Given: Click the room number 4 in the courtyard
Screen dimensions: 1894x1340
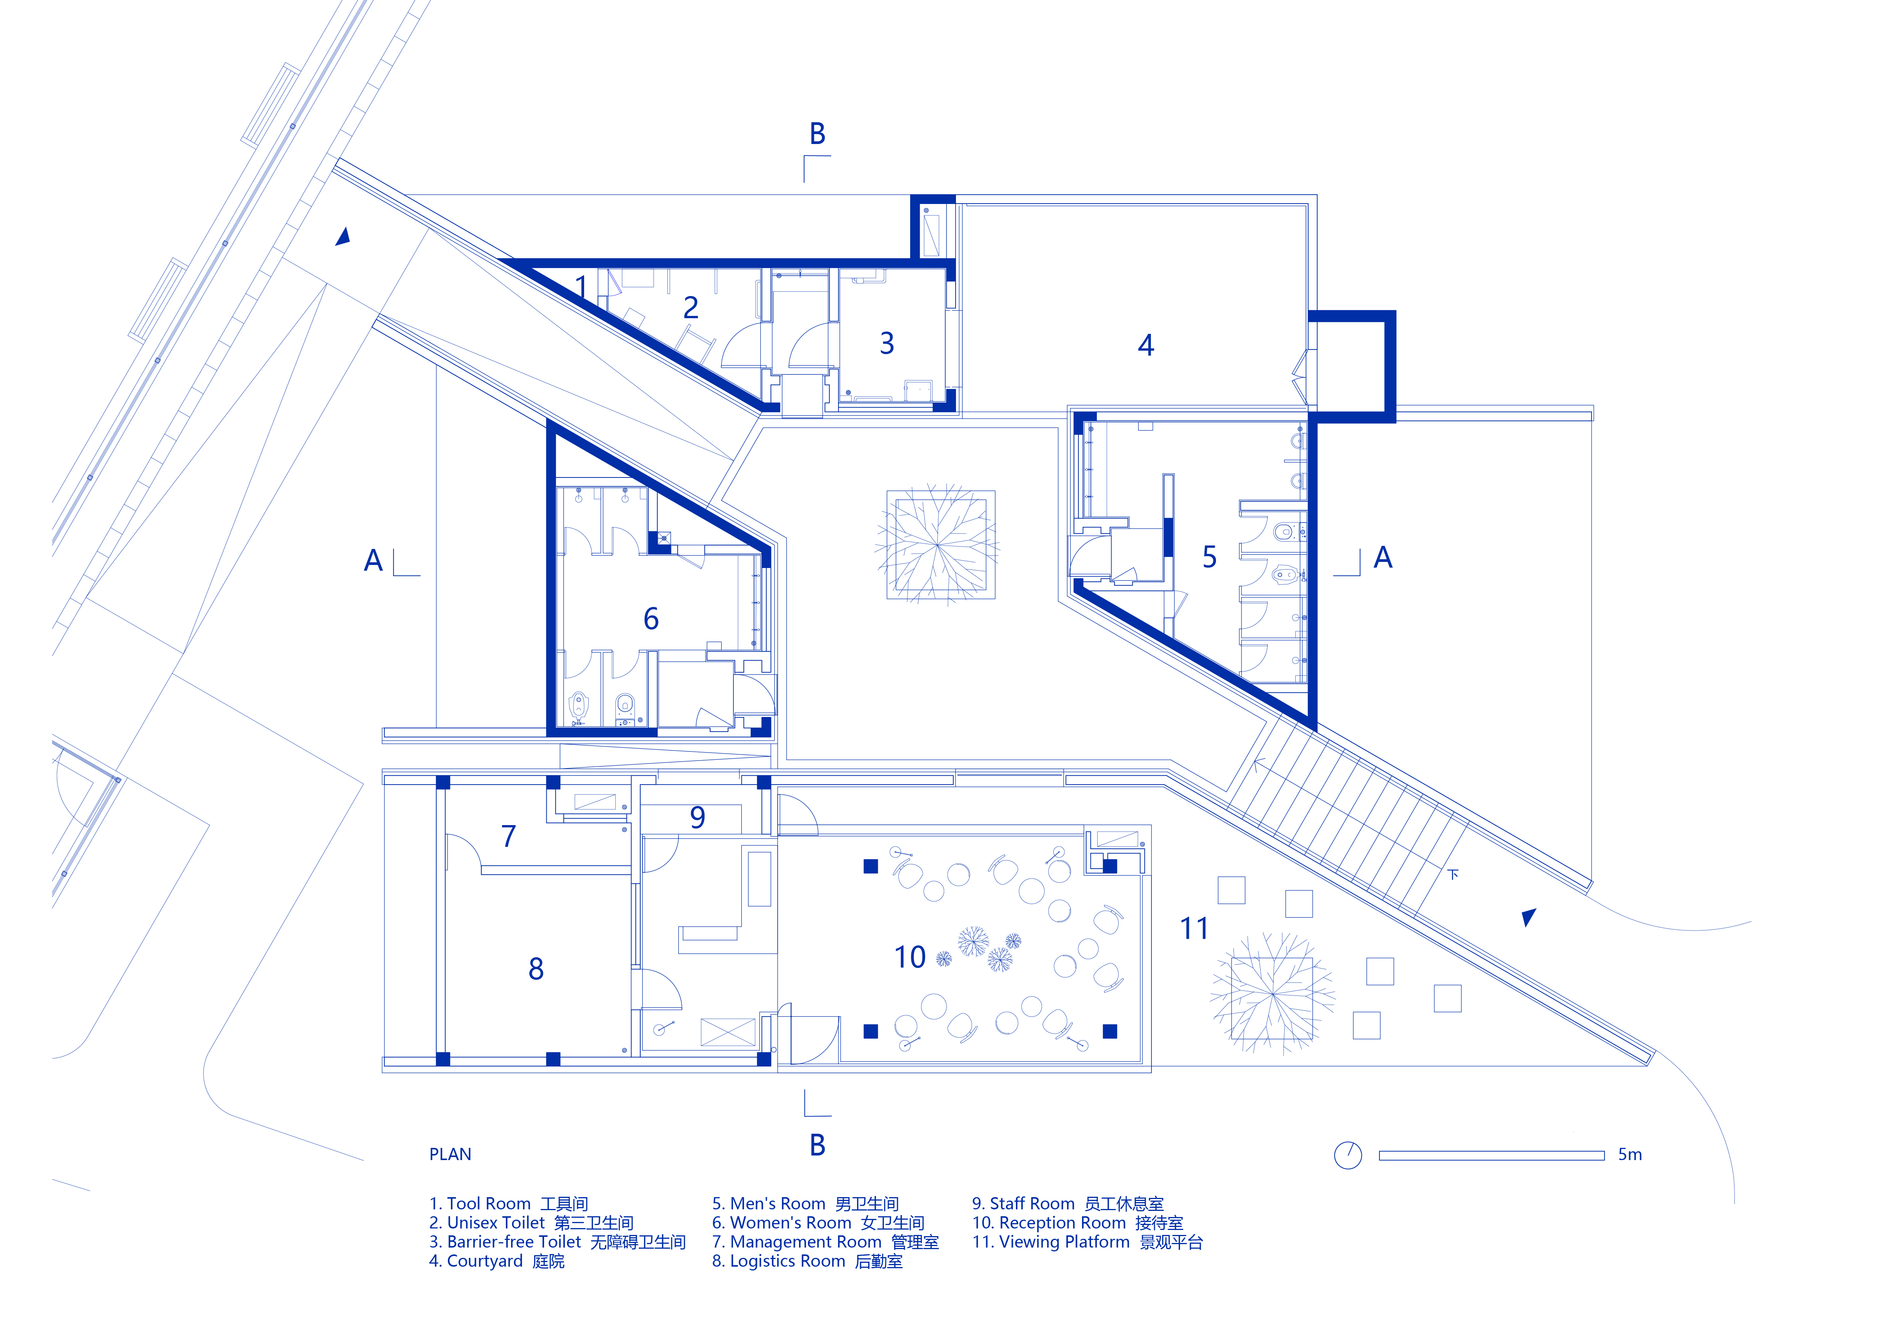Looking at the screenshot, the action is pyautogui.click(x=1146, y=345).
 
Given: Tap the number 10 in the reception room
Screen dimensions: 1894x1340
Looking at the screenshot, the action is pyautogui.click(x=910, y=957).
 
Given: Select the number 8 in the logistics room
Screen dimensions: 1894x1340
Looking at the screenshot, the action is pyautogui.click(x=536, y=969).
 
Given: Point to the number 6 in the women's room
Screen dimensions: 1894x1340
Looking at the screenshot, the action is pyautogui.click(x=651, y=619).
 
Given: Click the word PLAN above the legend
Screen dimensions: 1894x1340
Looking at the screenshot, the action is pyautogui.click(x=450, y=1154).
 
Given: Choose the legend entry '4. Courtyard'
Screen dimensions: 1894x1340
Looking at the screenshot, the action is pyautogui.click(x=497, y=1262).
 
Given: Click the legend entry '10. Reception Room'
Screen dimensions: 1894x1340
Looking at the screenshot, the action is pyautogui.click(x=1077, y=1223).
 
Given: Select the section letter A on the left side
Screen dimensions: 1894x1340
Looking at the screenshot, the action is pyautogui.click(x=374, y=561).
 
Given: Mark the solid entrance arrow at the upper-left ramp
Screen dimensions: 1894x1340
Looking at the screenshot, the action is pyautogui.click(x=343, y=237).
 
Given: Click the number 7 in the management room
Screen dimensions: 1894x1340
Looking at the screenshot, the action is pyautogui.click(x=509, y=837).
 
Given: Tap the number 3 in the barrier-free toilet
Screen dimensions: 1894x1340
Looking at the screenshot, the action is pyautogui.click(x=887, y=343).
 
